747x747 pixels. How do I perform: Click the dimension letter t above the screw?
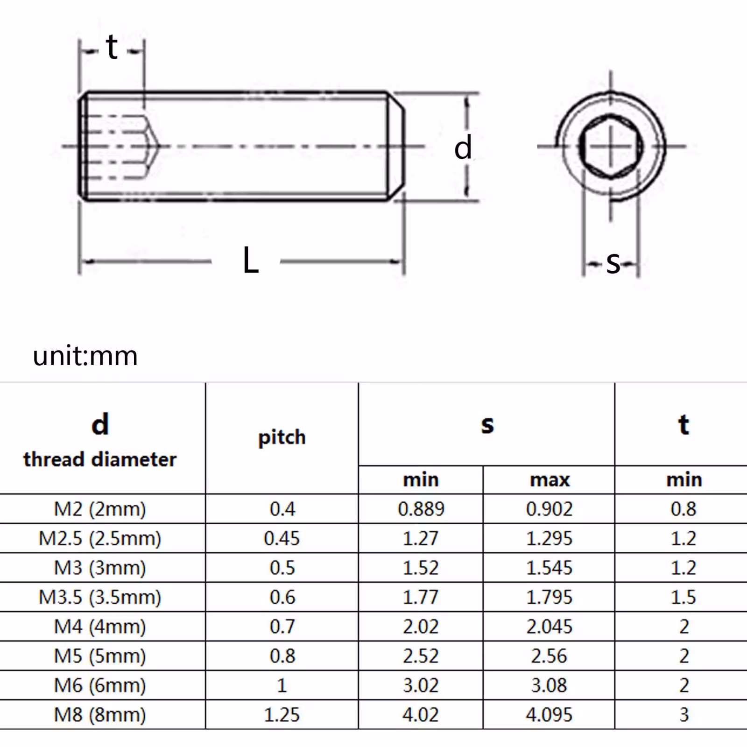(112, 48)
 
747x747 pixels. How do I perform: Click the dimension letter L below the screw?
(250, 261)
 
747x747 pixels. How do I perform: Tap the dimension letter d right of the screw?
(463, 148)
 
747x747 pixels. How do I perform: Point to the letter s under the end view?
(613, 263)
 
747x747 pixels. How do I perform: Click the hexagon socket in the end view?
(611, 146)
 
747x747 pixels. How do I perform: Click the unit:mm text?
(85, 356)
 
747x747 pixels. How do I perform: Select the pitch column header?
(282, 437)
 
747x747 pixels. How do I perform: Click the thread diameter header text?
(100, 459)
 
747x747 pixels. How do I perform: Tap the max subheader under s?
(550, 480)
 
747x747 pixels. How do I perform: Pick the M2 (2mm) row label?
(100, 509)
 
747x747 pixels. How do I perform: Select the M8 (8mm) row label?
(100, 715)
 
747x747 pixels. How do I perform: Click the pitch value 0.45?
(282, 538)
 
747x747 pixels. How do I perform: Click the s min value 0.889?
(421, 509)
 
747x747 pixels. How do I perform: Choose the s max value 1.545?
(549, 568)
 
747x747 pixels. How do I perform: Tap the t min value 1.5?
(684, 597)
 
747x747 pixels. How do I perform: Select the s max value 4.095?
(549, 715)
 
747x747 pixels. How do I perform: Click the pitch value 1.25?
(282, 715)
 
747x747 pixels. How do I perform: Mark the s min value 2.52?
(421, 656)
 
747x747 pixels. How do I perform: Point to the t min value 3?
(684, 715)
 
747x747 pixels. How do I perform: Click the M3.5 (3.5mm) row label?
(100, 597)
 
